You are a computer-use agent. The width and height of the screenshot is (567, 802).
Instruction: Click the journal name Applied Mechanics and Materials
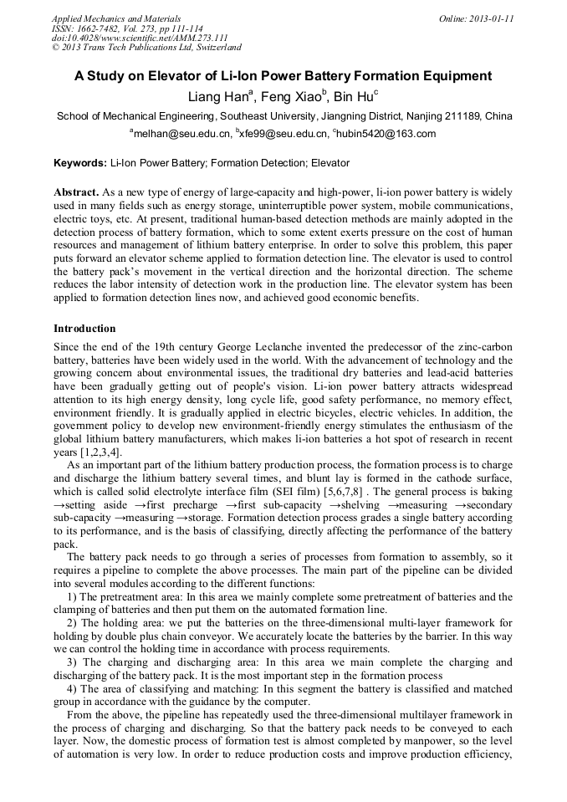pyautogui.click(x=116, y=18)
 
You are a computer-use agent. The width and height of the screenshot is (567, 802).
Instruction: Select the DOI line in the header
pyautogui.click(x=140, y=38)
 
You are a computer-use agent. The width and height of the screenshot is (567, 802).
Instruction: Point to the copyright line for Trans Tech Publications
pyautogui.click(x=146, y=48)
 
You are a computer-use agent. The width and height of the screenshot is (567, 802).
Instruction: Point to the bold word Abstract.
pyautogui.click(x=76, y=192)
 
